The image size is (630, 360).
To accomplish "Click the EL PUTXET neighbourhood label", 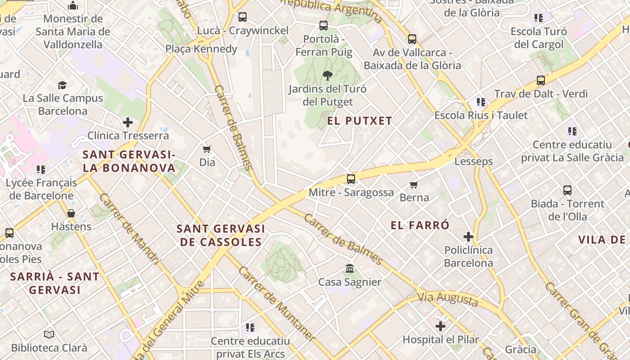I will tap(360, 121).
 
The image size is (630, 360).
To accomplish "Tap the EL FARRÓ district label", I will tap(420, 225).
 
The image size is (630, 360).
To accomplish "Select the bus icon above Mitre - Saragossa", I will tap(351, 179).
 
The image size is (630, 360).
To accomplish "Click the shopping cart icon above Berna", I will tap(414, 184).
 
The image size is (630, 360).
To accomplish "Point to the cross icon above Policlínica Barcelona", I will tap(468, 236).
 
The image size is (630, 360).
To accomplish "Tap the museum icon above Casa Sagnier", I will tap(350, 269).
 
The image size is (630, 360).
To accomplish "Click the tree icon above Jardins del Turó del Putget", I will tap(328, 76).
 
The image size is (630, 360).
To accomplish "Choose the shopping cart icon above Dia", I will tap(207, 149).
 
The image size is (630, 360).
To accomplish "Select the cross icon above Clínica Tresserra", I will tap(128, 122).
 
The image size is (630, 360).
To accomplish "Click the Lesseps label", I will tap(473, 161).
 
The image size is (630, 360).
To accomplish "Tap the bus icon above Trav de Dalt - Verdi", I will tap(541, 81).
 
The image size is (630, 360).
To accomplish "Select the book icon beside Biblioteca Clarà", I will tap(49, 334).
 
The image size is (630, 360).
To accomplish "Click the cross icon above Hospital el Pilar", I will tap(441, 326).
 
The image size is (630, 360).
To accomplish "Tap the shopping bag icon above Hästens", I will tap(71, 213).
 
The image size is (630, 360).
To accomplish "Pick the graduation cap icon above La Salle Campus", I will tap(63, 85).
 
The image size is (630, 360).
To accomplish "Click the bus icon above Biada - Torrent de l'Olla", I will tap(567, 190).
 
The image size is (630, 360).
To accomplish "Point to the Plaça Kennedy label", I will tap(201, 49).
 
